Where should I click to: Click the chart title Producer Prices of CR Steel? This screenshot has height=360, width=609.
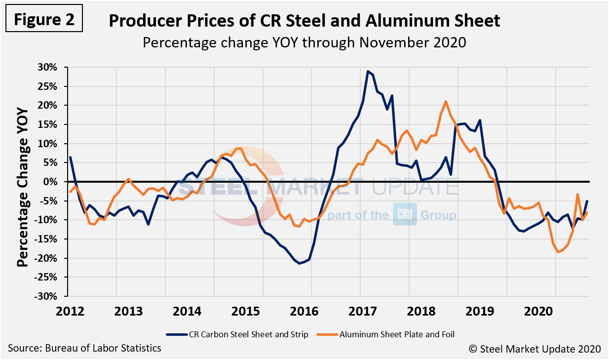[304, 21]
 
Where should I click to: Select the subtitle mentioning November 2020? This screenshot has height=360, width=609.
[304, 42]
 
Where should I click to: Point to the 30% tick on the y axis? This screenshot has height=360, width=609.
[51, 67]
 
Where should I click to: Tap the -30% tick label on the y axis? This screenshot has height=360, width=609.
[50, 296]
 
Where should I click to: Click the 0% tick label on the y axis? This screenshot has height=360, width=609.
[54, 182]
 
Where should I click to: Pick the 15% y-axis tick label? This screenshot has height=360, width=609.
[51, 124]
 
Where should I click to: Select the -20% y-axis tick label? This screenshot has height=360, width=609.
[50, 258]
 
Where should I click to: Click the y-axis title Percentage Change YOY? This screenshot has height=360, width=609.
[23, 181]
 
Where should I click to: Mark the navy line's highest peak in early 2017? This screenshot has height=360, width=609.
[368, 71]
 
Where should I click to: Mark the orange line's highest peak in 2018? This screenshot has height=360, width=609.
[446, 102]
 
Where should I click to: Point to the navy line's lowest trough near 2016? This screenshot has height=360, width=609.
[300, 263]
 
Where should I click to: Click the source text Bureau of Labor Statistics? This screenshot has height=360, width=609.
[84, 348]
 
